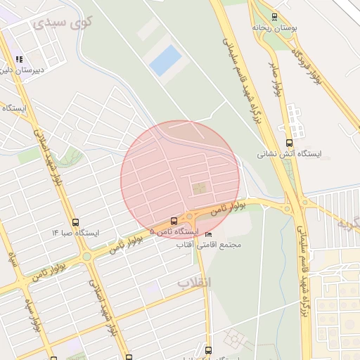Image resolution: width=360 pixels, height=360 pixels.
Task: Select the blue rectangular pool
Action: tap(164, 60)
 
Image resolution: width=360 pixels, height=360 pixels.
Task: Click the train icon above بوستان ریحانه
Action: tap(274, 17)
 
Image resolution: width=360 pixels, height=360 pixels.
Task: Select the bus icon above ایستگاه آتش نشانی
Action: tap(289, 142)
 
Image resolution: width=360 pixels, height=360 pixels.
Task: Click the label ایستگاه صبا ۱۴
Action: tap(76, 231)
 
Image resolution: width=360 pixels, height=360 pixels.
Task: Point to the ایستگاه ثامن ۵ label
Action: tap(175, 231)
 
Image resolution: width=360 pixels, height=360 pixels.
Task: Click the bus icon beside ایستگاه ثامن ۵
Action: tap(174, 221)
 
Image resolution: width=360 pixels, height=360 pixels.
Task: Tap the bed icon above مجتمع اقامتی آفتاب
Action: tap(207, 235)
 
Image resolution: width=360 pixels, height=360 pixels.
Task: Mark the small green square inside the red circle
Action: tap(200, 188)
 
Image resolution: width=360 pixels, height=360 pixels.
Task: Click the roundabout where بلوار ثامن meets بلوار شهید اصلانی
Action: tap(86, 257)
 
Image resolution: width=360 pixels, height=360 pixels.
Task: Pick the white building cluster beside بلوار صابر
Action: tap(295, 120)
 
